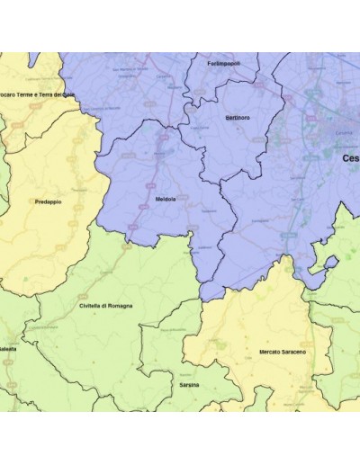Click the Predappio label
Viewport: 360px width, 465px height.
point(49,202)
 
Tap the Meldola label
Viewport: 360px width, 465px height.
point(166,199)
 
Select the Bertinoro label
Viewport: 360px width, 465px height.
point(236,118)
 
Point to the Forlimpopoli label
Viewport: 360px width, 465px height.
point(222,64)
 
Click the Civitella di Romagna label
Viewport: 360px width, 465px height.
point(105,306)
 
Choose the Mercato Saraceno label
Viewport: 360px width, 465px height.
point(282,351)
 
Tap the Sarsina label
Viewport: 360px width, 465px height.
point(189,384)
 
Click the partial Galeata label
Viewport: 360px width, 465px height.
point(7,348)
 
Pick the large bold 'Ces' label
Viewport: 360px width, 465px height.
point(350,157)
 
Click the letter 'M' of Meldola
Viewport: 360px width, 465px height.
point(157,199)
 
